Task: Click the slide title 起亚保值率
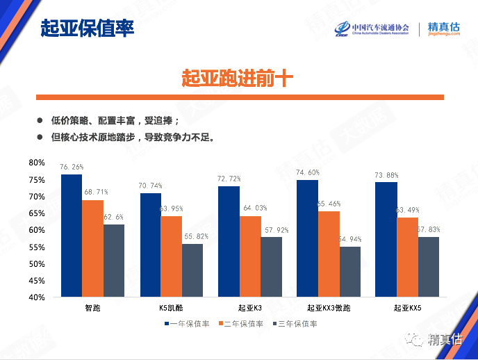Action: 87,28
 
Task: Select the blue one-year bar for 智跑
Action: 72,236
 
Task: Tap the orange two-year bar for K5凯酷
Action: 171,256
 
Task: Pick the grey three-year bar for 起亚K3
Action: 271,267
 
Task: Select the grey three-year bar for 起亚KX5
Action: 428,267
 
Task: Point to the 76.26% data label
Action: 72,167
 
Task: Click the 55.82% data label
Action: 197,236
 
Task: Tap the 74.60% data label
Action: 307,172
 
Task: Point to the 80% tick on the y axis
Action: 37,163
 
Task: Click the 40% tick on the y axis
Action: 37,297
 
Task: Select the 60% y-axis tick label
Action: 37,230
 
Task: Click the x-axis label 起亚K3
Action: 249,308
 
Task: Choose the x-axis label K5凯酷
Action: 171,308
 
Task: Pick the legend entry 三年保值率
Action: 298,324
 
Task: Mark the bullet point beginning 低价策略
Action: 115,120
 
